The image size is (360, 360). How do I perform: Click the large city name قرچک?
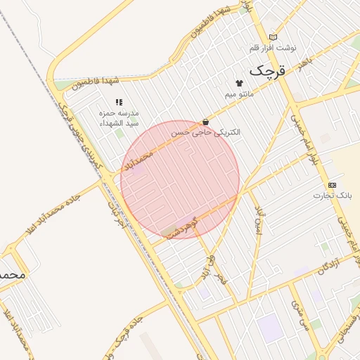coord(268,70)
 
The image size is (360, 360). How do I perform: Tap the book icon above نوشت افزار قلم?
coord(273,37)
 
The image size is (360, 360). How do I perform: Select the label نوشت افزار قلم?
coord(273,48)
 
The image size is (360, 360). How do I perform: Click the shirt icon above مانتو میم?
coord(239,83)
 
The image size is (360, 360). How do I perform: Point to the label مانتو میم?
coord(239,94)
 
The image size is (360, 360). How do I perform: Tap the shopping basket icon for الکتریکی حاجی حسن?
coord(205,122)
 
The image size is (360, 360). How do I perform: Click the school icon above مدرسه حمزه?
coord(118,102)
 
